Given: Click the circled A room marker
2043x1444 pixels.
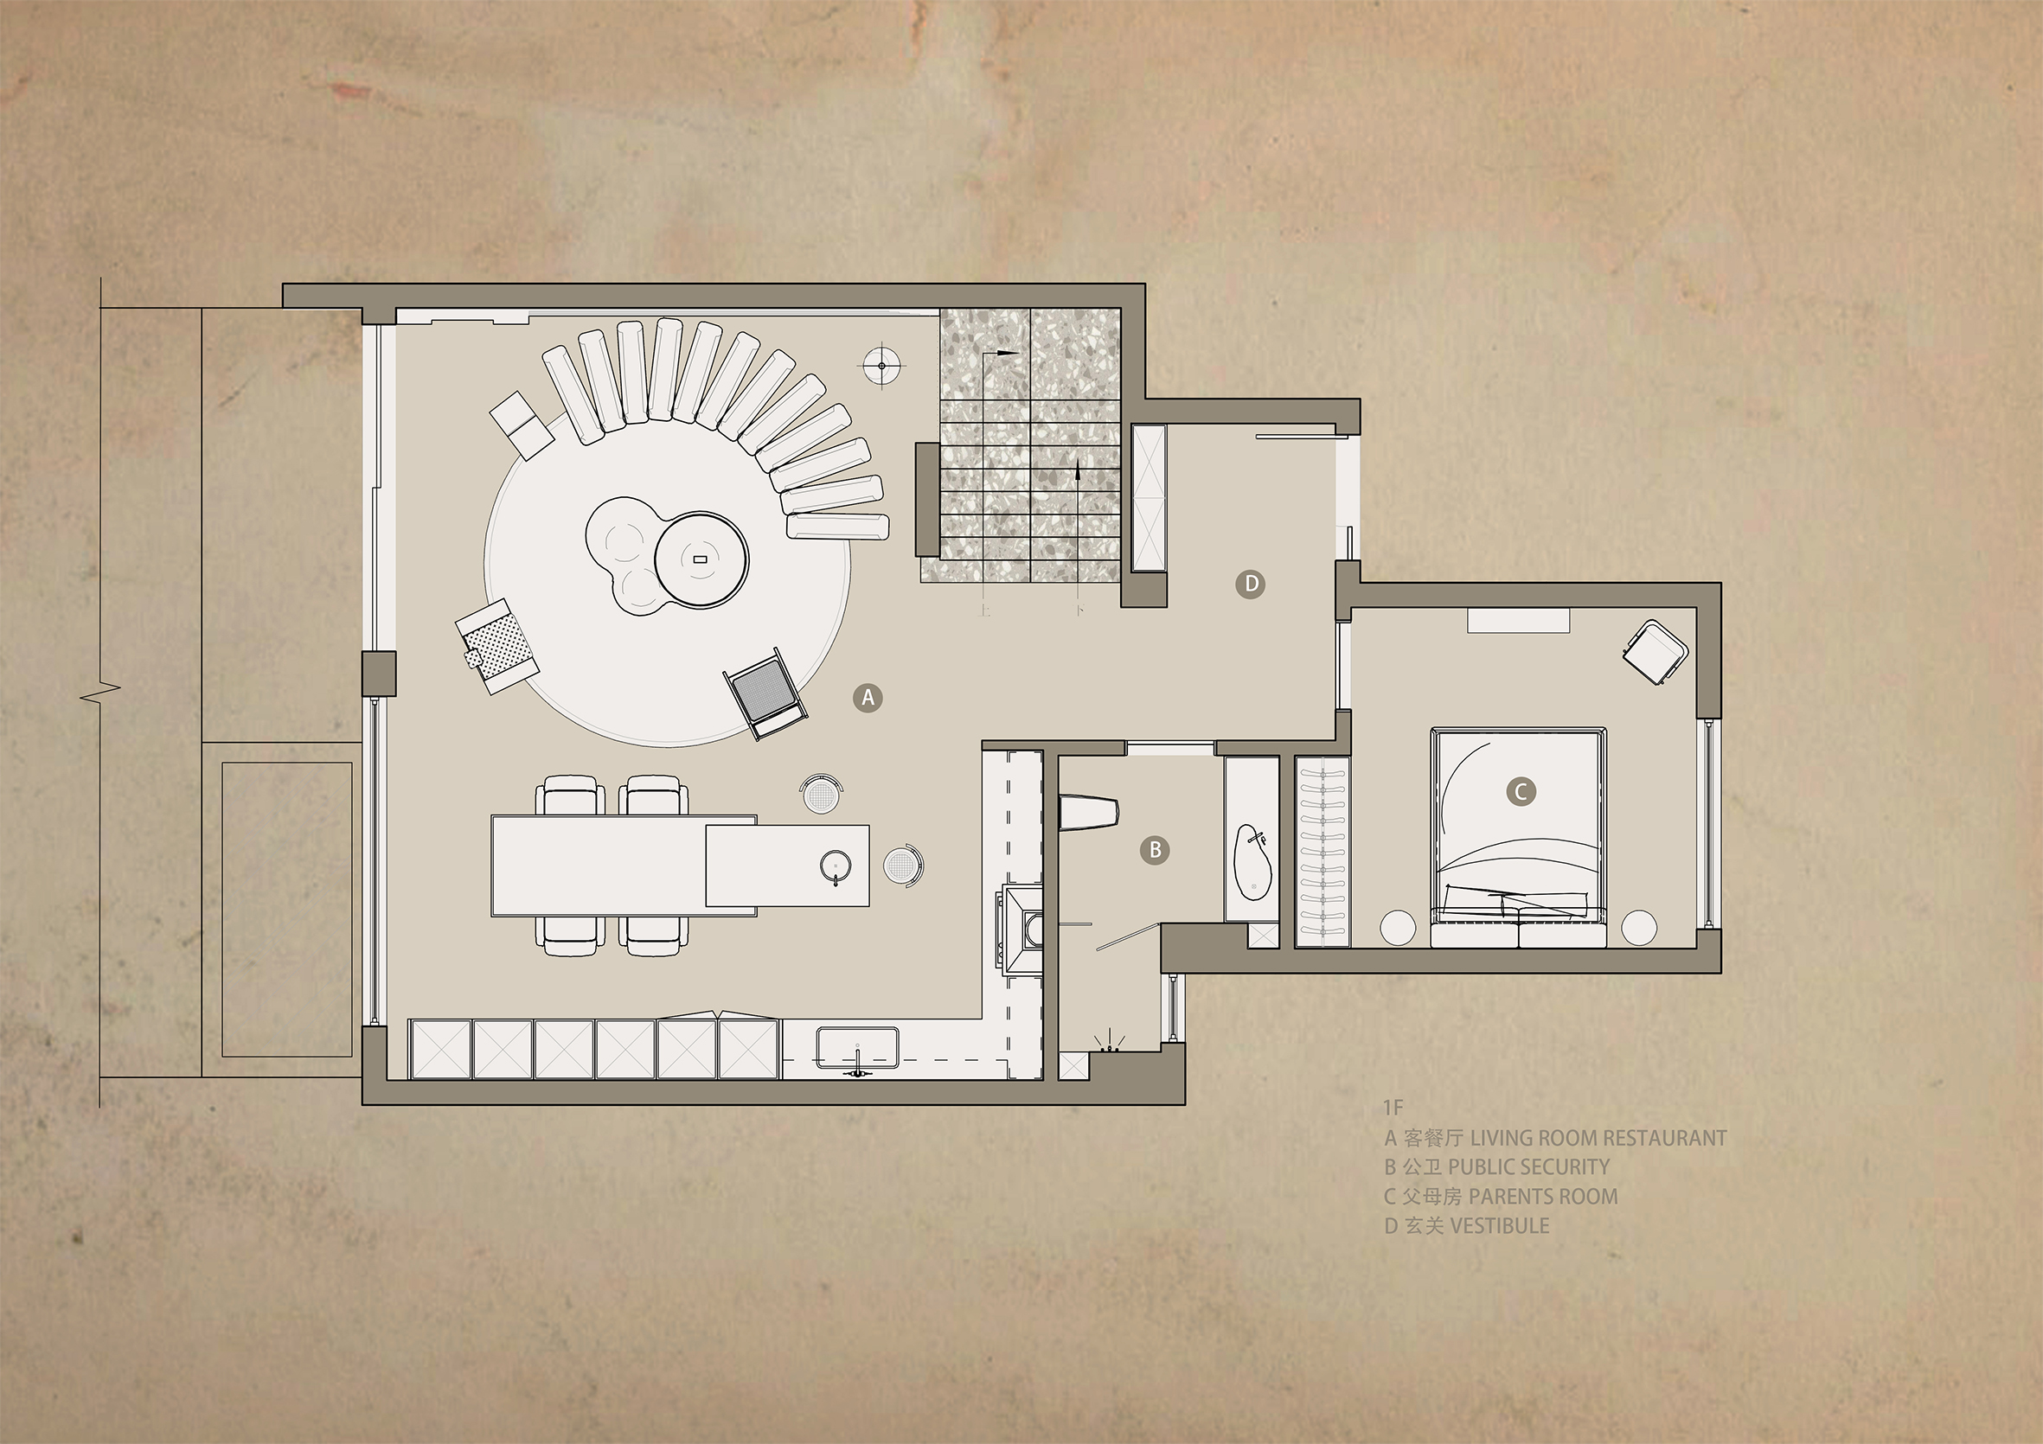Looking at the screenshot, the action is (x=868, y=698).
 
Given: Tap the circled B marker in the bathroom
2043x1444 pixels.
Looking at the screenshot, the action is (x=1155, y=850).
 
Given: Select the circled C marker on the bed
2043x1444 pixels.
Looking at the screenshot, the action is (x=1521, y=791).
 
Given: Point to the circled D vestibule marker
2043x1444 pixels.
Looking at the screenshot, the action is (x=1251, y=584).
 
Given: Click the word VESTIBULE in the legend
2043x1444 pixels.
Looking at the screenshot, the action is (x=1499, y=1226).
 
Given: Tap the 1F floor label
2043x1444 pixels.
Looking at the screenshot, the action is (x=1393, y=1108).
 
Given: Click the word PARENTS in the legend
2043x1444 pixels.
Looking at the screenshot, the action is (x=1503, y=1197).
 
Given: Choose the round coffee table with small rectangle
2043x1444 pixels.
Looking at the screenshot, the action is (x=701, y=559).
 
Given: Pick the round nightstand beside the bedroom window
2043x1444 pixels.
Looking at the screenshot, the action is (x=1639, y=928).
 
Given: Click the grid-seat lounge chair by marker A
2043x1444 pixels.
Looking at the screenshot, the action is (x=767, y=693).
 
